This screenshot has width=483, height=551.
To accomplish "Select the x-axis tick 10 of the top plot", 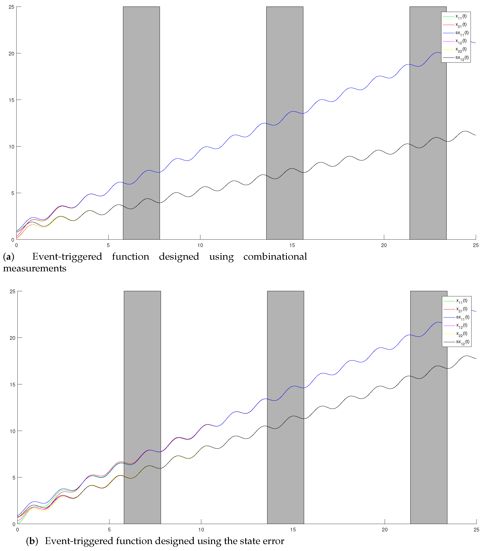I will tap(200, 245).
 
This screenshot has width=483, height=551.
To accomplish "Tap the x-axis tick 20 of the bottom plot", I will tap(385, 530).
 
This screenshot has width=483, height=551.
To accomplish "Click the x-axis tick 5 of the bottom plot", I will tap(109, 530).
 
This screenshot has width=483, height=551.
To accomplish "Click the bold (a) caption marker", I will tap(9, 257).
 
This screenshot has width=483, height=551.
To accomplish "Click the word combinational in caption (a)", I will tap(275, 257).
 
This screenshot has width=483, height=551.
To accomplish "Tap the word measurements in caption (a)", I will tap(35, 269).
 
